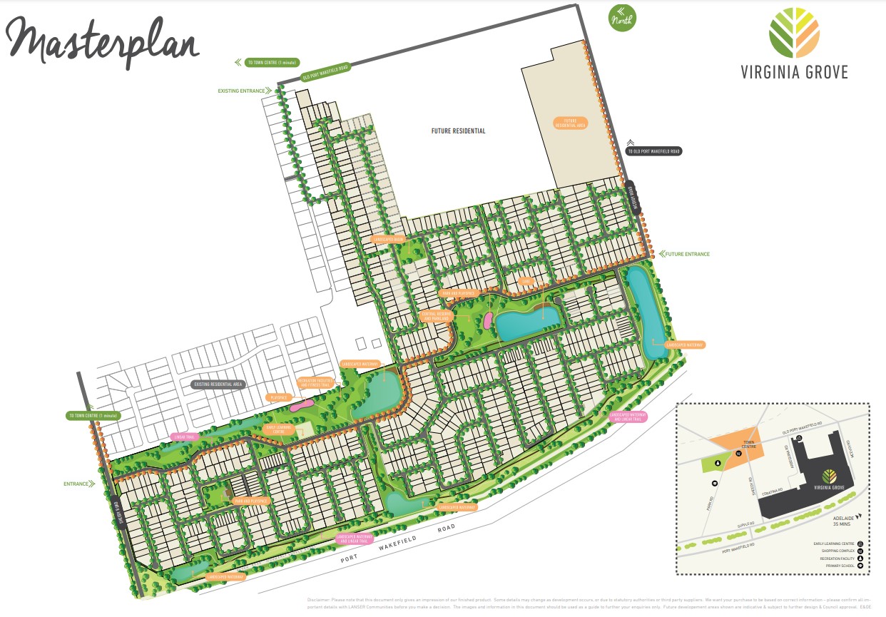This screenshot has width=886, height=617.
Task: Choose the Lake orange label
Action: pos(528,281)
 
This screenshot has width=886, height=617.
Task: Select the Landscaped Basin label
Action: pos(389,239)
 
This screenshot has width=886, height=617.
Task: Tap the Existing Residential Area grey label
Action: pos(218,384)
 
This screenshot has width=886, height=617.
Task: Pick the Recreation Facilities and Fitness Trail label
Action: pos(315,382)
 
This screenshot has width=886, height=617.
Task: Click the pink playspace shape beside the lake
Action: pos(488,320)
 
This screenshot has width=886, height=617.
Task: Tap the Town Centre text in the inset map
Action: pos(748,444)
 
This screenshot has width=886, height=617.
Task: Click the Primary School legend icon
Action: pos(860,566)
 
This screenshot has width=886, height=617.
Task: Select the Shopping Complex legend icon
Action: pos(860,551)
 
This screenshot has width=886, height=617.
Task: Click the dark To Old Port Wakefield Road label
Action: pos(653,151)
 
